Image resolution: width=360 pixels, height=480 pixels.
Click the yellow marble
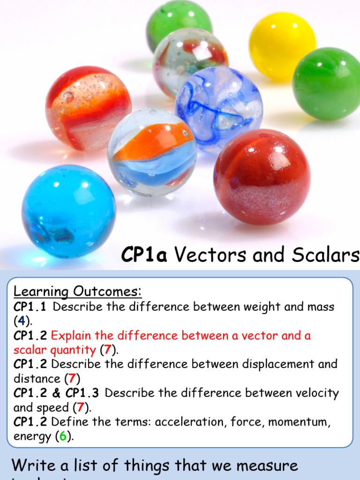(x=282, y=46)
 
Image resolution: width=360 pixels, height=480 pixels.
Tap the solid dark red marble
(x=262, y=177)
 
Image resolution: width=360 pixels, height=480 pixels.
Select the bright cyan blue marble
(x=68, y=210)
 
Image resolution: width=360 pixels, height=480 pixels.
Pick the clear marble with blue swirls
(x=219, y=108)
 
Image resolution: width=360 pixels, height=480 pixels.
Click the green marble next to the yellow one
(x=327, y=83)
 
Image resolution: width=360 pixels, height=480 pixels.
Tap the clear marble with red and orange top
(x=88, y=108)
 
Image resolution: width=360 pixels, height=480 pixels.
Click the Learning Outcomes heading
(x=77, y=292)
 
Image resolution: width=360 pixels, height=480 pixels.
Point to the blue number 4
(x=21, y=322)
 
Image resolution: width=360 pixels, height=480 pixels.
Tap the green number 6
(x=62, y=436)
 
